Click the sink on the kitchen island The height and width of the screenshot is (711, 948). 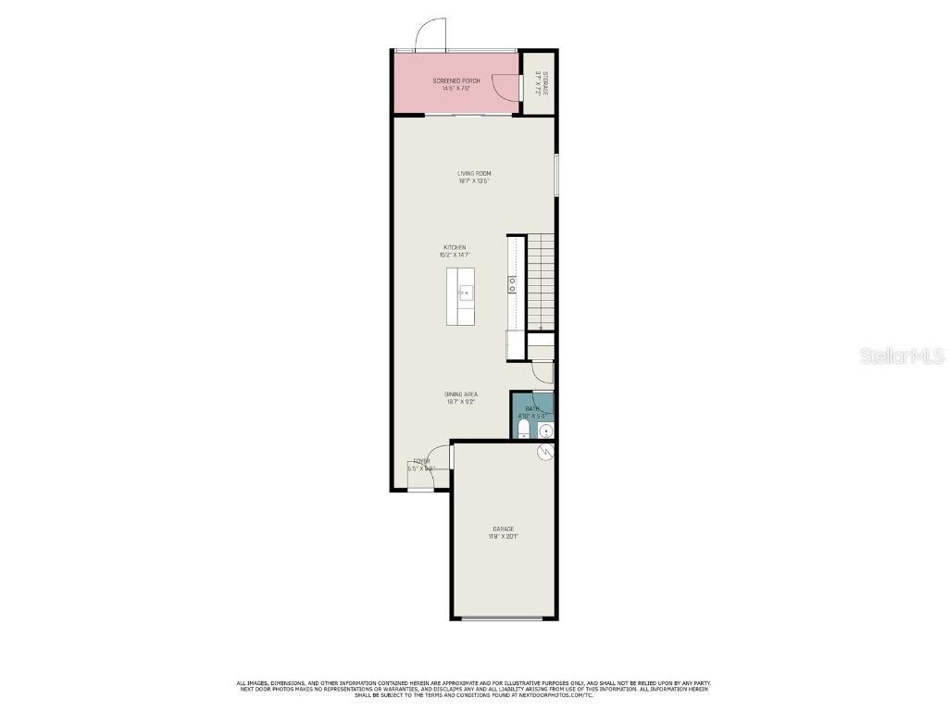click(465, 294)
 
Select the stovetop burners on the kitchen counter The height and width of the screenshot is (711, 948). click(511, 284)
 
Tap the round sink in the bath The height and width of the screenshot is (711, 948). click(545, 430)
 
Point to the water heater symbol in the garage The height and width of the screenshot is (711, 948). click(546, 451)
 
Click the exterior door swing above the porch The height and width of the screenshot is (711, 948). click(430, 34)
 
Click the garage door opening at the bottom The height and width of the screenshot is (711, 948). click(503, 617)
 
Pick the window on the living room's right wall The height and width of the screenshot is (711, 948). click(556, 175)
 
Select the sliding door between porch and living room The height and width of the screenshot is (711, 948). click(468, 116)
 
